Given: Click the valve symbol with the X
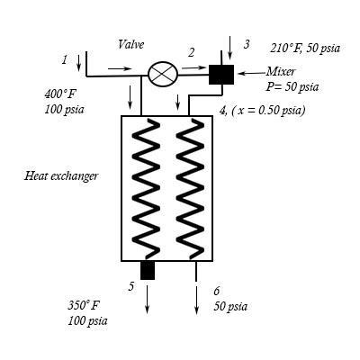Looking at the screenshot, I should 165,74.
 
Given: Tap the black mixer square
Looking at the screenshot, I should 221,75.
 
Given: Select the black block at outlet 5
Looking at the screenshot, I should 148,270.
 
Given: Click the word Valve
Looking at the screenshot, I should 131,44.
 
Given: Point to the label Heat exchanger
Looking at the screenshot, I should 61,175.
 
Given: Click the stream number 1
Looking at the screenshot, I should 65,59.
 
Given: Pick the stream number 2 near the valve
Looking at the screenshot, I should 191,53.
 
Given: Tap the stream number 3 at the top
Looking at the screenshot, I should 247,44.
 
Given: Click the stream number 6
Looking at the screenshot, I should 216,292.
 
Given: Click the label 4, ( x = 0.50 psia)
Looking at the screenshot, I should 262,110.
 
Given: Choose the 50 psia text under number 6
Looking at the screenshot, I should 229,307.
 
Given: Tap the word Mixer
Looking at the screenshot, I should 280,71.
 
